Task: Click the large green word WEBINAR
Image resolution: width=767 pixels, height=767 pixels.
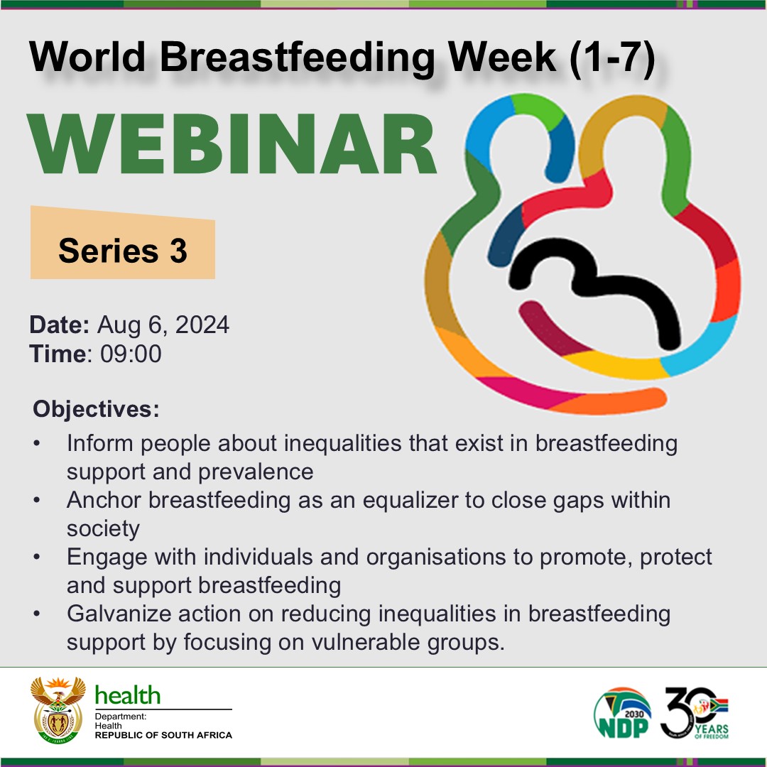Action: point(233,146)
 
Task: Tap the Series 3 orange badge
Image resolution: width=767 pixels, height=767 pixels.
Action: point(122,250)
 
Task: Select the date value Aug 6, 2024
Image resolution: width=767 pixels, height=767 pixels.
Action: point(163,325)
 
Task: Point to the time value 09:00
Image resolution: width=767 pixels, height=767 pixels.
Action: point(131,354)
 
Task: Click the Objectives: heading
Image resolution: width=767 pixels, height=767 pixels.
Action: point(96,410)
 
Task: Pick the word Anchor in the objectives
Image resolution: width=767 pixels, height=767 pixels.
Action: point(104,500)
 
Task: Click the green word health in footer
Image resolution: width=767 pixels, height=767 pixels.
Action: point(128,695)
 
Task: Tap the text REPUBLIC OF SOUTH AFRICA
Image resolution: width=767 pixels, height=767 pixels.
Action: point(163,735)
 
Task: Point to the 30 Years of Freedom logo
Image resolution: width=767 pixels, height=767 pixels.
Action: point(695,712)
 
